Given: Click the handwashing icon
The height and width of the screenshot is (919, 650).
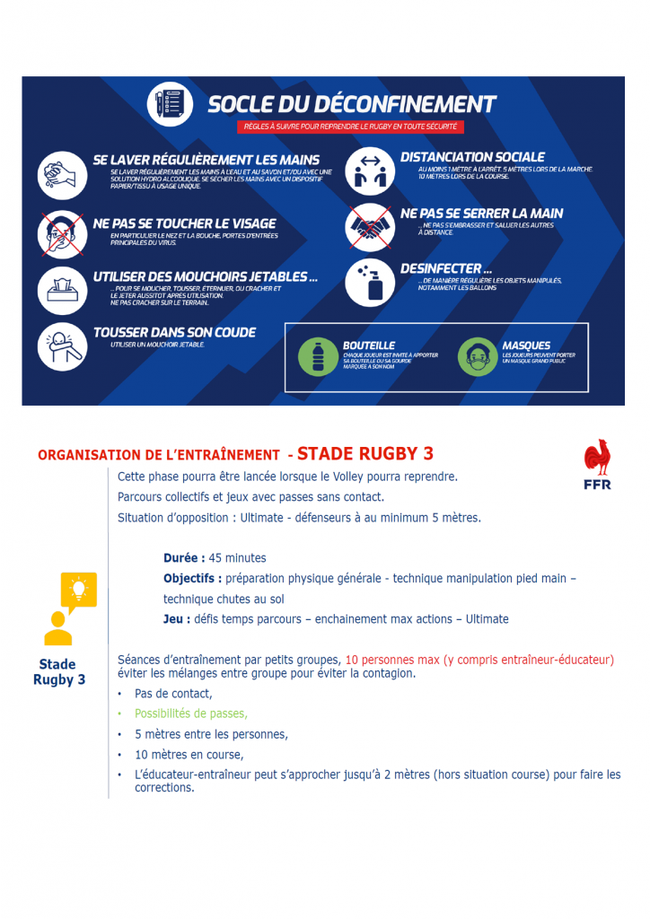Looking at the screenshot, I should click(x=62, y=174).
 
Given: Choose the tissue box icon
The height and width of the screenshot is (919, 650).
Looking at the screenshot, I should click(x=62, y=289).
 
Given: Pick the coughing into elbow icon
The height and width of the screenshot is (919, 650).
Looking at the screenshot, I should click(x=62, y=346).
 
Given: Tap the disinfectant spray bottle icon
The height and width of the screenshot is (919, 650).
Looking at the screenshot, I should click(x=369, y=283).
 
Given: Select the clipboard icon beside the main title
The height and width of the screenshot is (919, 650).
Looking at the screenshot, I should click(x=170, y=105).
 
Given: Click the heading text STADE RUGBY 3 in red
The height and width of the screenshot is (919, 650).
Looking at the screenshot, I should click(x=365, y=453).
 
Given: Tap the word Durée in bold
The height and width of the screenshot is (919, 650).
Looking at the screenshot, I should click(x=184, y=558).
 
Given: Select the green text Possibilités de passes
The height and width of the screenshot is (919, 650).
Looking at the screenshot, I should click(x=190, y=713).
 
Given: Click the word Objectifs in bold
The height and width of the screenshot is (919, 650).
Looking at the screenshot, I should click(x=192, y=579).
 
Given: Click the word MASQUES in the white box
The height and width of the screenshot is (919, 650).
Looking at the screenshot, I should click(x=527, y=345).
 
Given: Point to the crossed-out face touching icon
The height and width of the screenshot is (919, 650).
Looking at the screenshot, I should click(x=62, y=232).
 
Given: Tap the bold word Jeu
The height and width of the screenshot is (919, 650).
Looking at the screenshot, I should click(x=176, y=619).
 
